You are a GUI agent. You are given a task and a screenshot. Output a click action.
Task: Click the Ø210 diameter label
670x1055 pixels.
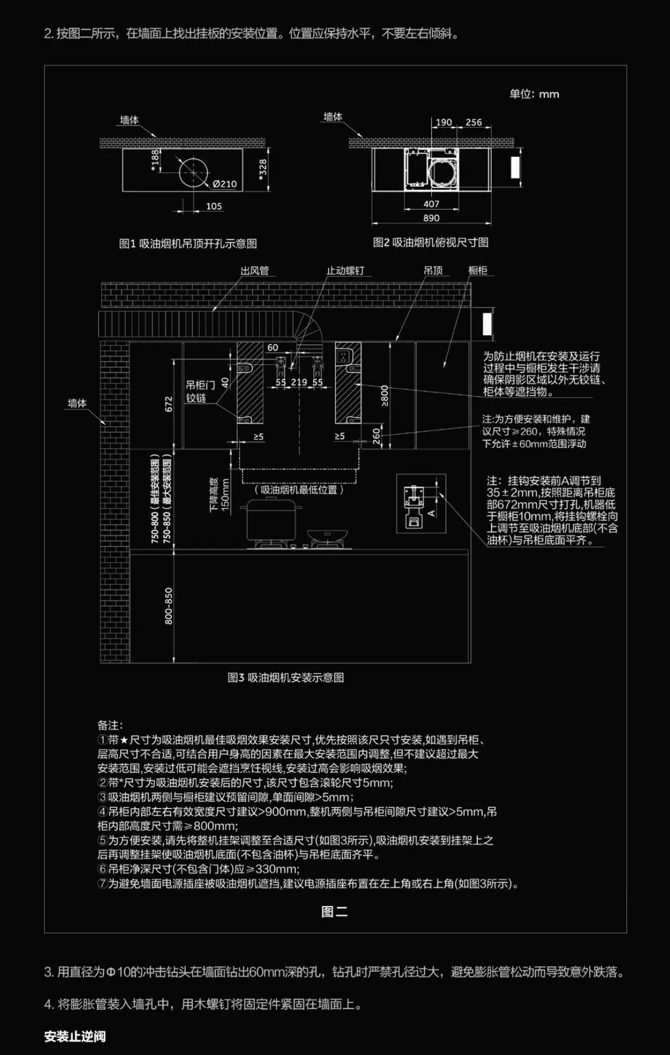(x=224, y=184)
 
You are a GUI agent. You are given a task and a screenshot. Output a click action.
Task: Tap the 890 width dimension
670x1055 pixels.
(x=431, y=218)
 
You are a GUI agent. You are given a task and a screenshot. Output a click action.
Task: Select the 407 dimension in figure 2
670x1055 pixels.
(x=431, y=204)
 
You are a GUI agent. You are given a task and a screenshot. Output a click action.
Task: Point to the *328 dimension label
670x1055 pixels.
(x=263, y=170)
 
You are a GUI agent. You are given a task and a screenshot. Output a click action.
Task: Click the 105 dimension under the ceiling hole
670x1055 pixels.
(x=214, y=206)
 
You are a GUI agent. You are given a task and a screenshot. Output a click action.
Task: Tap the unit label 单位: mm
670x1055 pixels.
(x=534, y=94)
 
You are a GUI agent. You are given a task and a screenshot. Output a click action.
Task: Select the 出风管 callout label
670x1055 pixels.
(x=255, y=270)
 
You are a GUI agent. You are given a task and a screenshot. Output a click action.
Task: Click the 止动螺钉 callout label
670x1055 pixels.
(x=345, y=270)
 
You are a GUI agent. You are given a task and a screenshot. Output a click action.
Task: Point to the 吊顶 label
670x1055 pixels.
(x=433, y=270)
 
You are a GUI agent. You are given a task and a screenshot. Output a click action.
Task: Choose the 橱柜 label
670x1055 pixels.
(x=478, y=270)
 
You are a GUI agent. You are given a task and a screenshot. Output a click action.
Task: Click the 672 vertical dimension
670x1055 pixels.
(x=169, y=403)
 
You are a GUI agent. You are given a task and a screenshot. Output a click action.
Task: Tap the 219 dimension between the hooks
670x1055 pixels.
(x=299, y=382)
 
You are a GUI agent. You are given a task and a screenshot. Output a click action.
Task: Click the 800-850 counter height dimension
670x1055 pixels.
(x=169, y=606)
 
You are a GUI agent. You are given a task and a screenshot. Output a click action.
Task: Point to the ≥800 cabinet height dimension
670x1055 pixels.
(x=384, y=395)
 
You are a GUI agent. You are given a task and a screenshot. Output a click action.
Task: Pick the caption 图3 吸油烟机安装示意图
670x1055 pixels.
(x=286, y=677)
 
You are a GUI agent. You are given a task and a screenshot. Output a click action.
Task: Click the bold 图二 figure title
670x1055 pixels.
(x=334, y=912)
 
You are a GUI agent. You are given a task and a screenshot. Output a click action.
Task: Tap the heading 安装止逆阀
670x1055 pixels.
(x=75, y=1037)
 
